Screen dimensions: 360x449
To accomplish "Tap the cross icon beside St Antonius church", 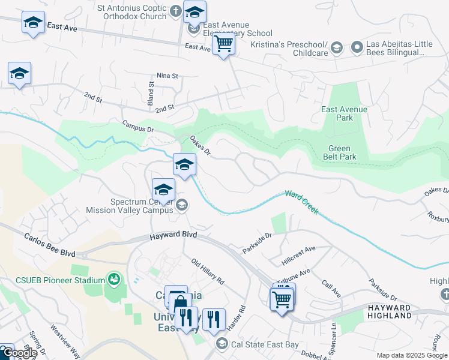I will click(x=175, y=11).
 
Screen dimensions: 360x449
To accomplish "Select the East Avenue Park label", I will click(x=345, y=113).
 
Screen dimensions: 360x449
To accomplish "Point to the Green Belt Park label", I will click(x=342, y=153).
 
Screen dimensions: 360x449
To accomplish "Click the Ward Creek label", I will click(x=301, y=203).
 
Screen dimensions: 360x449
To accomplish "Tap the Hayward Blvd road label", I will click(x=166, y=238).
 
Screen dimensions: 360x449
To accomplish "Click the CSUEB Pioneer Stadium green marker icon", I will click(x=112, y=278).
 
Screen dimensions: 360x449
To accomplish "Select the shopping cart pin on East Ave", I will click(x=223, y=44).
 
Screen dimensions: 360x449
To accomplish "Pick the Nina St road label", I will click(x=167, y=76).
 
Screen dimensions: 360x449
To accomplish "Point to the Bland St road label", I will click(x=152, y=92).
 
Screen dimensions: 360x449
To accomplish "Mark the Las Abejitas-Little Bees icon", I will click(x=357, y=46).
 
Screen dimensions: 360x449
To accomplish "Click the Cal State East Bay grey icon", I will click(x=221, y=343).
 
